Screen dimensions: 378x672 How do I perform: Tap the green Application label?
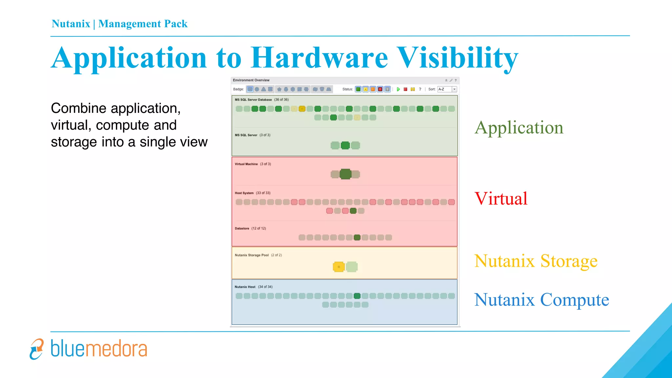(x=519, y=128)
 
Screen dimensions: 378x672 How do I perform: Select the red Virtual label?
(x=501, y=199)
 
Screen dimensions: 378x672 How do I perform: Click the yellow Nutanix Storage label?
(x=535, y=261)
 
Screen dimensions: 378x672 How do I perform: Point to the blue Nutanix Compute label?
(x=541, y=300)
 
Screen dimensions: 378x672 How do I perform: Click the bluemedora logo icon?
(x=36, y=349)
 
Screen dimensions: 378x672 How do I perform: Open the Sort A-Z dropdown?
(x=454, y=89)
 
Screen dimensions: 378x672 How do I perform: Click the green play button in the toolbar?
(x=398, y=89)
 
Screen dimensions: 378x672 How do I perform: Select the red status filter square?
(x=380, y=89)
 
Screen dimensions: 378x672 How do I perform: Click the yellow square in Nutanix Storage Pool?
(x=339, y=267)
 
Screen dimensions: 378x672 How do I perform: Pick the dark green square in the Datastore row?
(x=357, y=237)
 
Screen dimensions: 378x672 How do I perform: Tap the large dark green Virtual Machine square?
(x=345, y=174)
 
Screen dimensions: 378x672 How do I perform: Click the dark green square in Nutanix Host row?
(x=357, y=296)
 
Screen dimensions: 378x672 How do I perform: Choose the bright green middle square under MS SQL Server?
(x=345, y=145)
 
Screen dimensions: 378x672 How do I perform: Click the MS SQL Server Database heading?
(x=253, y=100)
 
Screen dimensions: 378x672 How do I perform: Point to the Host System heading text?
(x=244, y=193)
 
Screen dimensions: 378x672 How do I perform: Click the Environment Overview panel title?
(x=251, y=80)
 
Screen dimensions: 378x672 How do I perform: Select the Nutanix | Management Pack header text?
(x=119, y=24)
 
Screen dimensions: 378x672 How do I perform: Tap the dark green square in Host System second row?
(x=353, y=211)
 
